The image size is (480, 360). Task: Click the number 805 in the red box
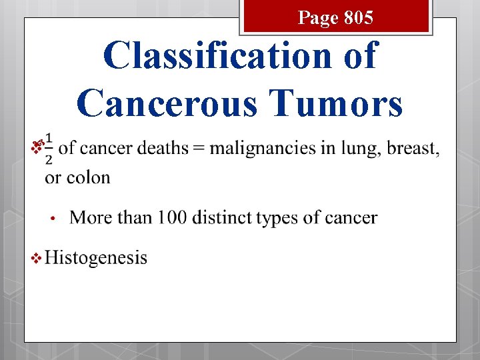click(x=360, y=18)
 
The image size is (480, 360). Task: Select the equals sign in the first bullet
click(x=198, y=148)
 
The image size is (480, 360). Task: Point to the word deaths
click(x=163, y=148)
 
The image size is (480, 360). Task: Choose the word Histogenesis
click(x=96, y=258)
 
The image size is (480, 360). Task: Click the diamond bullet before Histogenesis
click(x=36, y=258)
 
